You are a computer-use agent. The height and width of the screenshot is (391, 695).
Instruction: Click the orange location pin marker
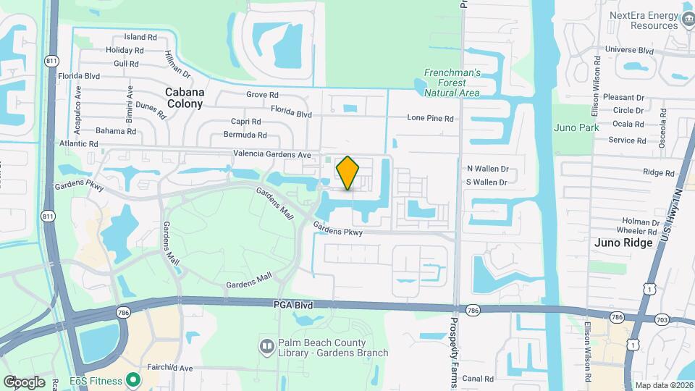(x=348, y=173)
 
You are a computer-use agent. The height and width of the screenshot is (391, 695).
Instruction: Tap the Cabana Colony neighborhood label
(x=185, y=98)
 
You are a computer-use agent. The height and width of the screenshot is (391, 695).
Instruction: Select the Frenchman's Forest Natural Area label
(x=452, y=83)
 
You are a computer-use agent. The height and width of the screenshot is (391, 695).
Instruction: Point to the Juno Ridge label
(x=623, y=243)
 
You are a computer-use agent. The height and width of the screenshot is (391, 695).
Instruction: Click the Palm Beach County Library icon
(x=267, y=347)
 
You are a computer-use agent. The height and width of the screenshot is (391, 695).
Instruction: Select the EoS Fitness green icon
(x=132, y=379)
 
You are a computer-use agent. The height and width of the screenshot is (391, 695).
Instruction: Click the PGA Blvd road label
(x=294, y=306)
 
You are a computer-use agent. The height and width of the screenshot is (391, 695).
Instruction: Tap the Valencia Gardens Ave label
(x=271, y=154)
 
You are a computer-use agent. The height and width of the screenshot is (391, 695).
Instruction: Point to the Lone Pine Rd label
(x=430, y=118)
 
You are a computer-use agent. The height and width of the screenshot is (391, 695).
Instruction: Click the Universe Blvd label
(x=629, y=50)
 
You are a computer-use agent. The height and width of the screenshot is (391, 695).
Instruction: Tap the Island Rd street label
(x=140, y=37)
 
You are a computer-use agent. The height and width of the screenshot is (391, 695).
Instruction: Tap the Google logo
(x=25, y=382)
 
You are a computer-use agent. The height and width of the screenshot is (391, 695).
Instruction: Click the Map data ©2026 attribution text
(x=663, y=385)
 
